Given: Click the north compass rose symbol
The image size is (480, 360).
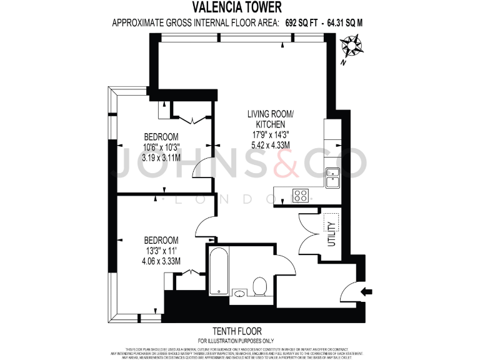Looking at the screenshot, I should point(351,46).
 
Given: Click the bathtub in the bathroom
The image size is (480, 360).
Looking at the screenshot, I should point(218,271).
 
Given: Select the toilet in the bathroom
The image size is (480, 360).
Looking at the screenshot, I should point(260,288).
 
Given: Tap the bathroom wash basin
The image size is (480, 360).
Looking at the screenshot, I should point(239,292).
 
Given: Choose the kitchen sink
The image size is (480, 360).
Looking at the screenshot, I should point(332,177).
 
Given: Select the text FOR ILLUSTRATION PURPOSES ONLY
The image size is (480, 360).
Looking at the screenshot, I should point(239,340).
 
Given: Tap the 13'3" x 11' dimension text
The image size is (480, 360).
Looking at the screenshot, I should point(161,251).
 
